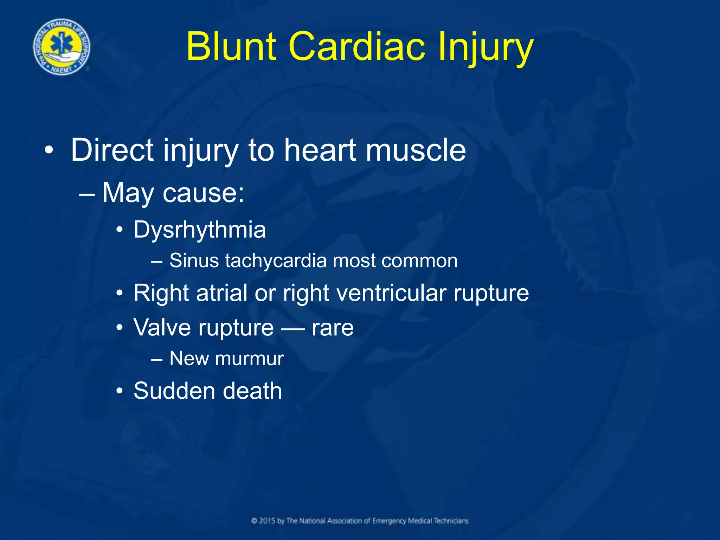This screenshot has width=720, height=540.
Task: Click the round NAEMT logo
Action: click(62, 47)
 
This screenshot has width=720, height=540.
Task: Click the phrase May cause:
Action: click(173, 193)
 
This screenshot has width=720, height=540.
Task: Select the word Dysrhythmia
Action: click(200, 230)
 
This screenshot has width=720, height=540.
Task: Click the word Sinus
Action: click(194, 261)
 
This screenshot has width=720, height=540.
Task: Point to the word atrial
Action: click(222, 293)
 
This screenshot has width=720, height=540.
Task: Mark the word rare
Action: click(333, 328)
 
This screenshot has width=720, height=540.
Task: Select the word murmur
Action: click(249, 359)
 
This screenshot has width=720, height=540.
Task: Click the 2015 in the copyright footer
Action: click(267, 521)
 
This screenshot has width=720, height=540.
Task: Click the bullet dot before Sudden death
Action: click(120, 391)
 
